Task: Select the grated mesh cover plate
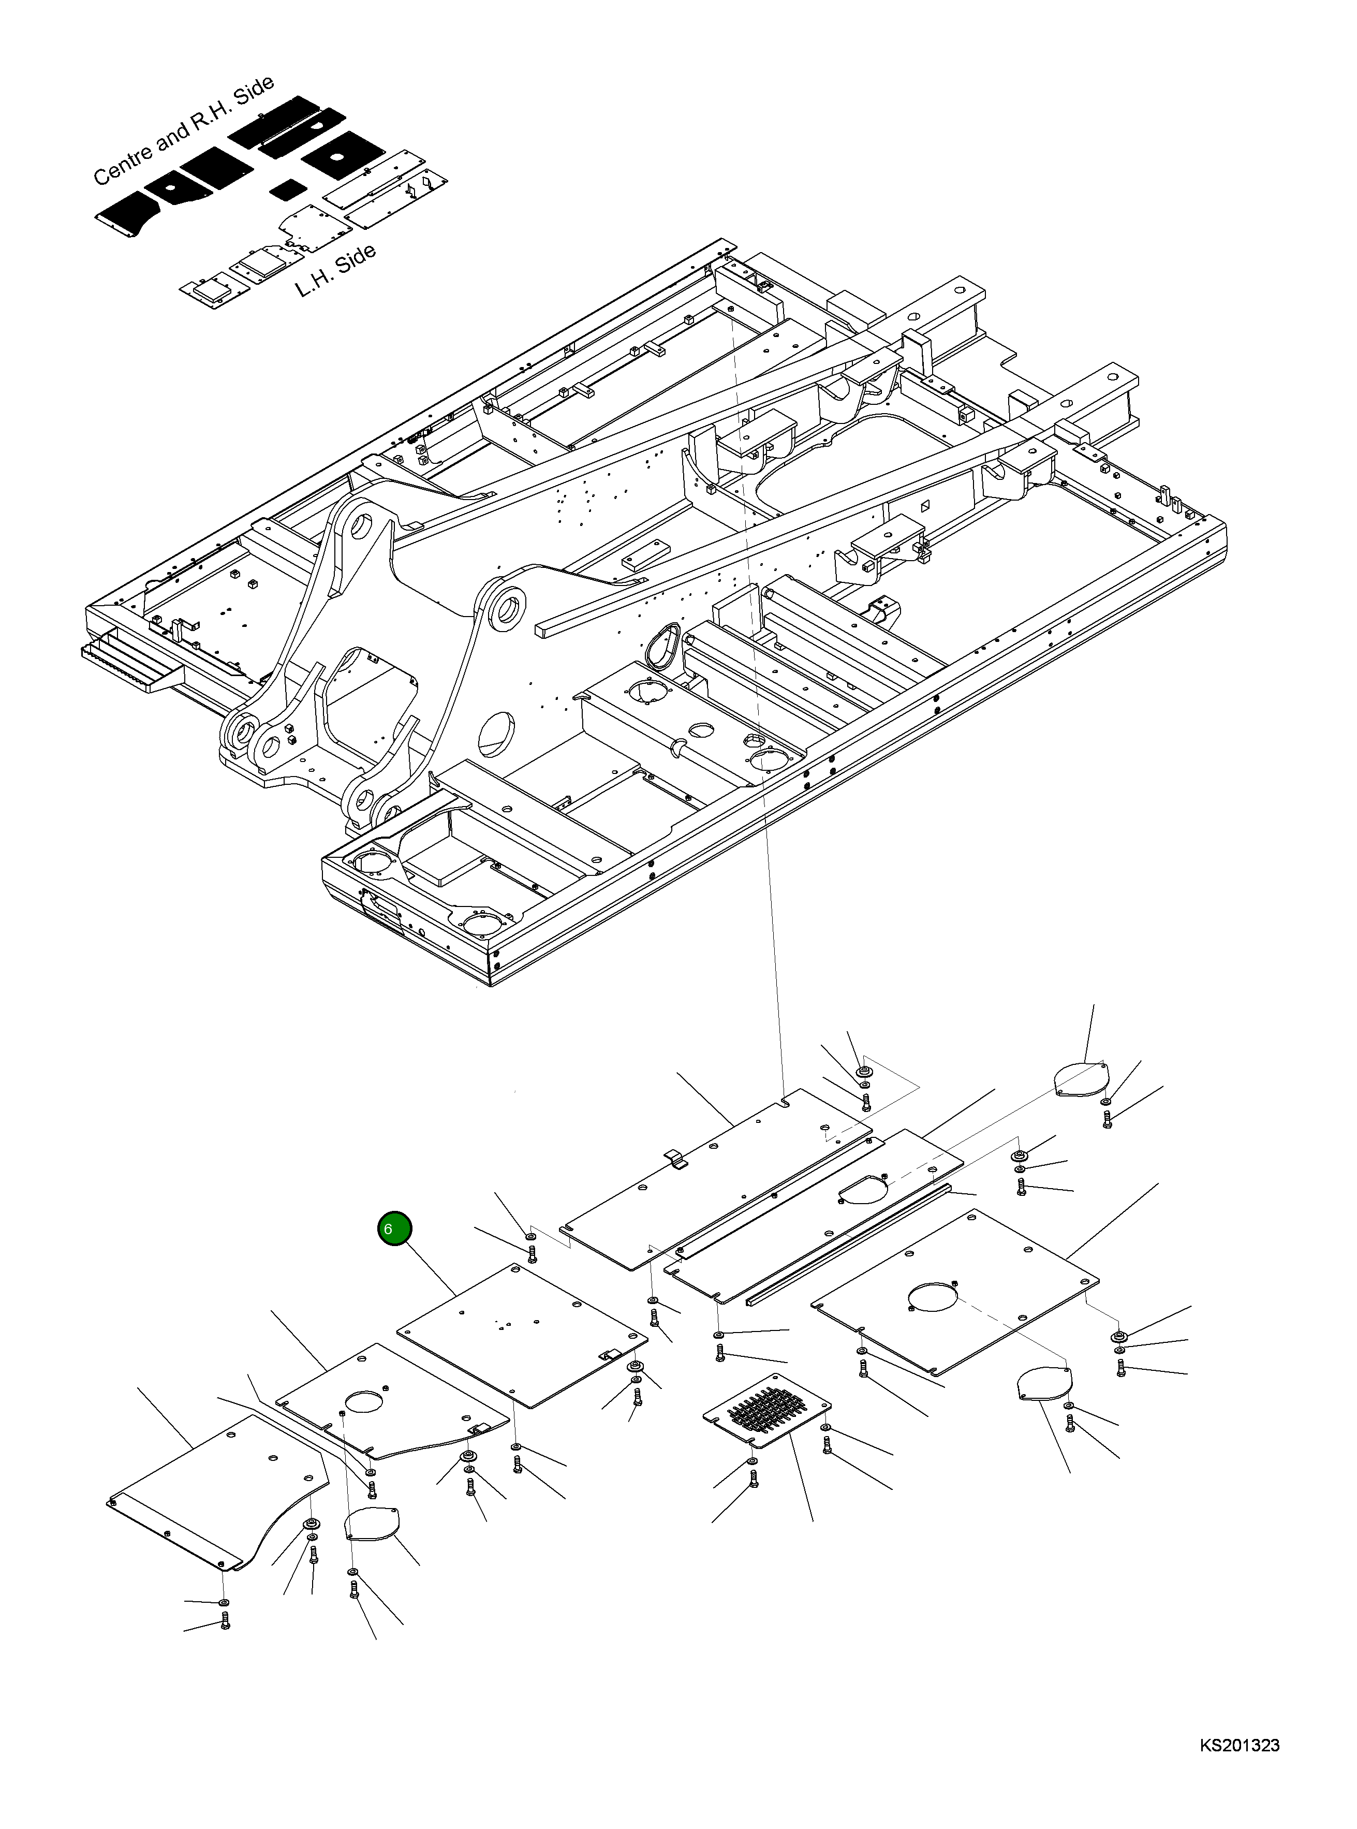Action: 767,1410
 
